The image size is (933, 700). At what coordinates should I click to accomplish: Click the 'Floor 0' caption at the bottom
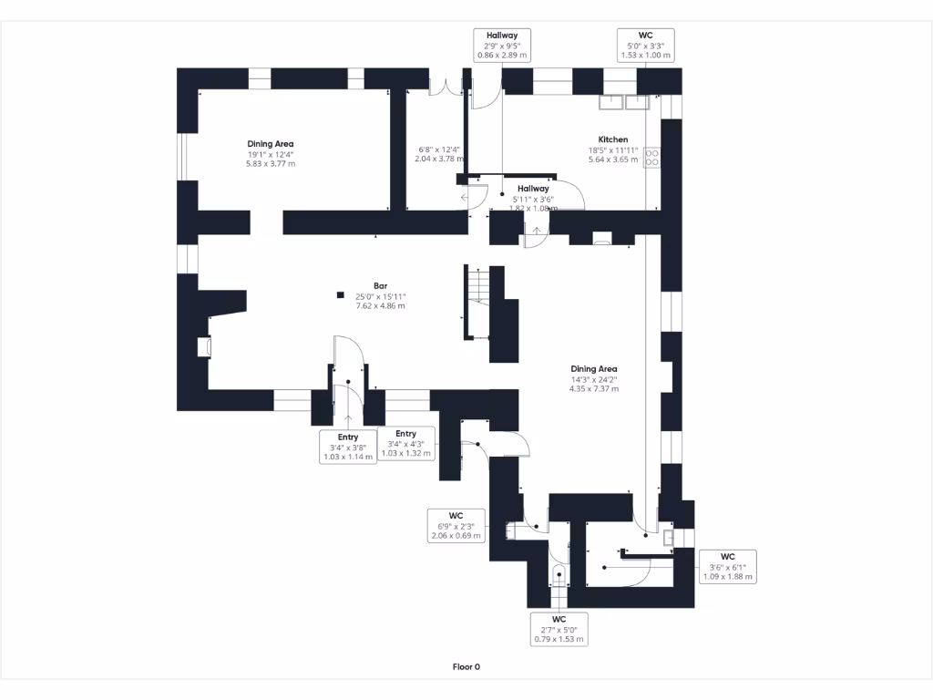click(x=466, y=666)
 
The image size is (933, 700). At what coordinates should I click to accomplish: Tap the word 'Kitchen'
click(x=612, y=139)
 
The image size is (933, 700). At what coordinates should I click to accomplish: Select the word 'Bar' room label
click(x=380, y=286)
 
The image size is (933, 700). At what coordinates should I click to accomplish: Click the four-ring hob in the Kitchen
click(x=652, y=158)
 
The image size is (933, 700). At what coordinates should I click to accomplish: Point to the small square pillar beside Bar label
click(x=340, y=294)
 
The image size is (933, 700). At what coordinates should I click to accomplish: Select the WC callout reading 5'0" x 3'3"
click(x=646, y=45)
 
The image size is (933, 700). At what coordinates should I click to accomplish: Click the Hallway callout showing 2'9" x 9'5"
click(x=502, y=45)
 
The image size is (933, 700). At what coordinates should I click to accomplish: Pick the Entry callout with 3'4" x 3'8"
click(x=348, y=448)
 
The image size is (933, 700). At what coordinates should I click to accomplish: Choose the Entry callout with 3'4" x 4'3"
click(x=405, y=443)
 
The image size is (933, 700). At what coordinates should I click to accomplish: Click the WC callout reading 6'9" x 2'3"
click(x=456, y=525)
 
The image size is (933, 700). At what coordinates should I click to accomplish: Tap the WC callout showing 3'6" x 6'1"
click(x=727, y=566)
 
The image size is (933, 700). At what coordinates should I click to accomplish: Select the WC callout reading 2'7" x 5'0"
click(x=559, y=629)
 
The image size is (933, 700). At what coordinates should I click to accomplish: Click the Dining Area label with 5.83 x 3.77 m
click(x=271, y=154)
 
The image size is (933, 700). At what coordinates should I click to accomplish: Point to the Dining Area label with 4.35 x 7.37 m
click(x=594, y=378)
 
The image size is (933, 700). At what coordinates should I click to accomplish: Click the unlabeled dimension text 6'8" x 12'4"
click(x=438, y=154)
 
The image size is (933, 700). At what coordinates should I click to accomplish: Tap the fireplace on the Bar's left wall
click(x=205, y=346)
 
